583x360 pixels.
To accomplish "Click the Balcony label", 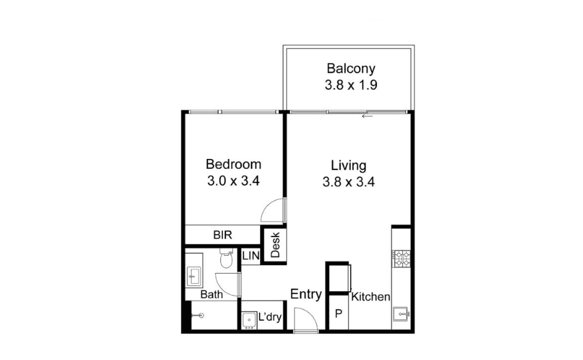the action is (351, 69).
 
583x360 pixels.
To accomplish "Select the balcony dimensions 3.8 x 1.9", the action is (351, 85).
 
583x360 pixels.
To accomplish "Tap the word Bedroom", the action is (233, 164).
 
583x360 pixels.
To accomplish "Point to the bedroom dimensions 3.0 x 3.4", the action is (233, 181).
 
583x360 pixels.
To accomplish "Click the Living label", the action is (349, 166).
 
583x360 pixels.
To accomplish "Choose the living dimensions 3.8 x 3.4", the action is (349, 182).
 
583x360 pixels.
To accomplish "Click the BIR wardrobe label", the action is (223, 235).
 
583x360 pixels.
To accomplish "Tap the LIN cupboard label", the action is (251, 256).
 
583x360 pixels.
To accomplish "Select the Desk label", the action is (276, 245).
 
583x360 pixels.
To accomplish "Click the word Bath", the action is (212, 295).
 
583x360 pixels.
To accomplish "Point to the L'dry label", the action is (270, 317).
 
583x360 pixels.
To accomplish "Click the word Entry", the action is (306, 294).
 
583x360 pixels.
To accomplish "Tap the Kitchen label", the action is (371, 297).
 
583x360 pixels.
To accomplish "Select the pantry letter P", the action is (338, 314).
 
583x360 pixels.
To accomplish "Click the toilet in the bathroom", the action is (226, 258).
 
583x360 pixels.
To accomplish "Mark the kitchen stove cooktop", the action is (402, 259).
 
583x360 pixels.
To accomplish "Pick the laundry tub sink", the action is (248, 320).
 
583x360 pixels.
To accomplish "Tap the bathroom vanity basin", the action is (193, 276).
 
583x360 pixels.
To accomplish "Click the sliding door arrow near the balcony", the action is (367, 116).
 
